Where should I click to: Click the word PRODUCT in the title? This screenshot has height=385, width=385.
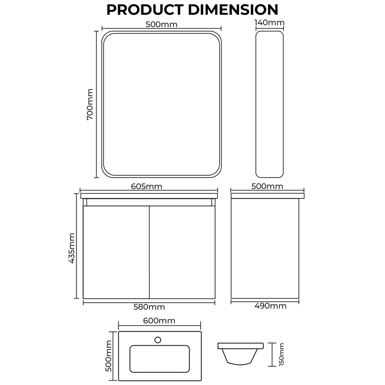[145, 10]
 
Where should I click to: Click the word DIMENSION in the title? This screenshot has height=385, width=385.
[233, 10]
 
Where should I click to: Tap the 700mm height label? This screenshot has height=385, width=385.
[90, 104]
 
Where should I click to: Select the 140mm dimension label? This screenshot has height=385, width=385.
[269, 23]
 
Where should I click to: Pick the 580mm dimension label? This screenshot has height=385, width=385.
[149, 307]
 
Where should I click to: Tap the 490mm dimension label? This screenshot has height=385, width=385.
[270, 306]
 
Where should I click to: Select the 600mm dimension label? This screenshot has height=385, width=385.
[159, 321]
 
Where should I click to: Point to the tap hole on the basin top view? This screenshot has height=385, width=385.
[158, 340]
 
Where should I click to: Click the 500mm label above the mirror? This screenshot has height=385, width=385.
[161, 25]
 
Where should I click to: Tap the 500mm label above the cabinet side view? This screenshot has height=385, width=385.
[267, 186]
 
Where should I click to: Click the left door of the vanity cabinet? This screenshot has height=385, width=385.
[116, 252]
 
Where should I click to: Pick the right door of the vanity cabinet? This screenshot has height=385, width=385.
[182, 252]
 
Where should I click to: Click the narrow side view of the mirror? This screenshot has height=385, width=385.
[269, 104]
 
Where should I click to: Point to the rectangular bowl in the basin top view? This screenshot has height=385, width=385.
[159, 359]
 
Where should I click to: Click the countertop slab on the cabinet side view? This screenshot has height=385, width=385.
[267, 196]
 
